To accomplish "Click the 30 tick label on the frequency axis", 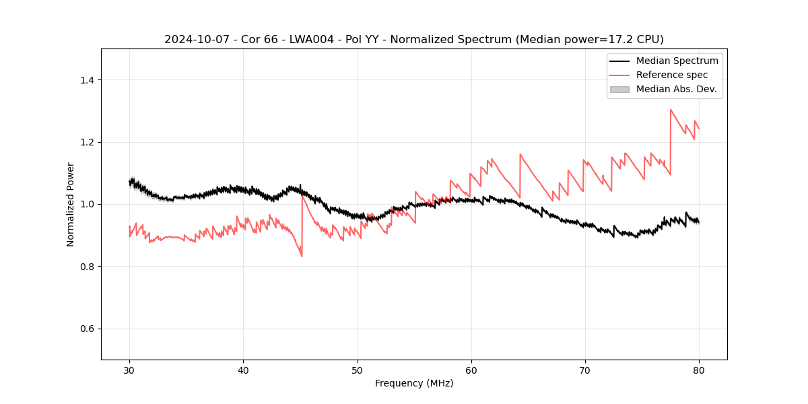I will coord(129,370).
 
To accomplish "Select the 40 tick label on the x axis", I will coord(243,370).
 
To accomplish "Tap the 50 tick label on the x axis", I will coord(357,370).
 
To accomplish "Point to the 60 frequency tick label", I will coord(471,370).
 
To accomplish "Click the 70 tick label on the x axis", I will coord(585,370).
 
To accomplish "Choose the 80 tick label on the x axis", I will coord(699,370).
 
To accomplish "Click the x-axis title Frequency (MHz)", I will coord(414,383).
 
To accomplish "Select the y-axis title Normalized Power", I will coord(71,204).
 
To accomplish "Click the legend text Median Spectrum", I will coord(677,61).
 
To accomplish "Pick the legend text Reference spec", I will coord(671,75).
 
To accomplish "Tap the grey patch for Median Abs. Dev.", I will coord(619,89).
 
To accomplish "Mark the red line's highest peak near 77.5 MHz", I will coord(671,110).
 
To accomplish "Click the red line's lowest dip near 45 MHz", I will coord(302,257).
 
